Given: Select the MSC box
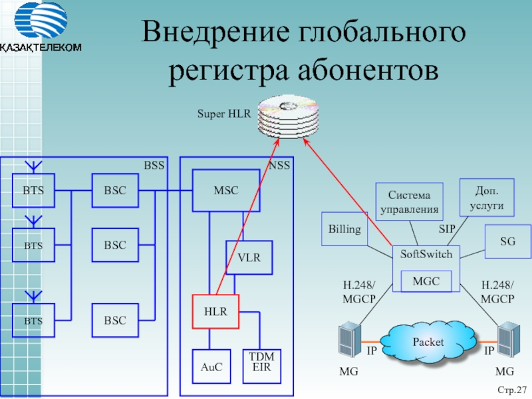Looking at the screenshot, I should click(225, 190).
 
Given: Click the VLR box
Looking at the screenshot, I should click(249, 257).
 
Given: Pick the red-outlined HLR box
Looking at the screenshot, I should click(216, 311).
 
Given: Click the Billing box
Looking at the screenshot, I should click(344, 229).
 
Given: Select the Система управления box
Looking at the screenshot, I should click(409, 202).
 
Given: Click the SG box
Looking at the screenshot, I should click(508, 242).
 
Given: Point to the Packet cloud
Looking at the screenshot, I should click(428, 342).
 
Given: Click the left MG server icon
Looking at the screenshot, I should click(349, 340).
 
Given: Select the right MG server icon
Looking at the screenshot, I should click(508, 340).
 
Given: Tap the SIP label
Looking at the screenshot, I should click(447, 229).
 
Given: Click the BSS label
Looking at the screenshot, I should click(154, 165).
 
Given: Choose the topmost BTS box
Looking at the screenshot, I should click(34, 190).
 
